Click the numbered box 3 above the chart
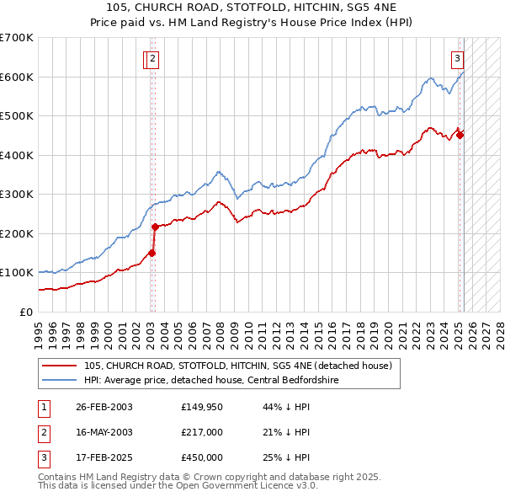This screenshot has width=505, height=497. pyautogui.click(x=457, y=58)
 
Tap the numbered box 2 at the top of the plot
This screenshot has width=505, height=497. pyautogui.click(x=154, y=58)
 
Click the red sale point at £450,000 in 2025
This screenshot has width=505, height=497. pyautogui.click(x=460, y=135)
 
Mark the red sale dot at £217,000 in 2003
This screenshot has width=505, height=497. pyautogui.click(x=155, y=227)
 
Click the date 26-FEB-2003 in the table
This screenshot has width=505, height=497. pyautogui.click(x=104, y=407)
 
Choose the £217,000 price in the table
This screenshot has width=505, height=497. pyautogui.click(x=202, y=432)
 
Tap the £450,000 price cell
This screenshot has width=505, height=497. pyautogui.click(x=202, y=457)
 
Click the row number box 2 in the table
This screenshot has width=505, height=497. pyautogui.click(x=42, y=432)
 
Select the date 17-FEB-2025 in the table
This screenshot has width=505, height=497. pyautogui.click(x=104, y=457)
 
